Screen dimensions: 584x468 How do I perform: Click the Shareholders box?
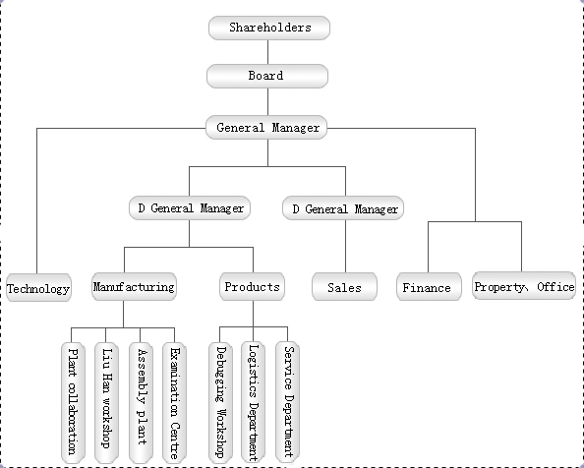(x=269, y=28)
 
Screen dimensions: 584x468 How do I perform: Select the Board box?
(x=267, y=76)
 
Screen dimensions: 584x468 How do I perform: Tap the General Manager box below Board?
(x=266, y=128)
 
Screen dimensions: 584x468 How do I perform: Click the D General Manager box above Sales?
(x=343, y=208)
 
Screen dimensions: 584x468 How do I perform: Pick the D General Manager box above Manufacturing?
(x=190, y=207)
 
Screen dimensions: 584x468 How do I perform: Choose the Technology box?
(x=38, y=288)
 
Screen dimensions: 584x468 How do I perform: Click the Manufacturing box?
(x=134, y=286)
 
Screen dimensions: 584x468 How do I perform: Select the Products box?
(x=252, y=286)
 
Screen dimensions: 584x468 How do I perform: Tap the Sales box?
(x=344, y=287)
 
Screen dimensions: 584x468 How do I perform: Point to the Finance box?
(x=429, y=287)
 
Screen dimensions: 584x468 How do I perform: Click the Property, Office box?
(x=524, y=285)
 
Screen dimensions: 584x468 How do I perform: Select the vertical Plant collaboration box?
(x=73, y=403)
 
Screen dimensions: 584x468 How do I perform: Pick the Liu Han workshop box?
(x=106, y=403)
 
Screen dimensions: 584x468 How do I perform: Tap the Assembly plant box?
(x=141, y=403)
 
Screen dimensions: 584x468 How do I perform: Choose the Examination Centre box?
(x=174, y=403)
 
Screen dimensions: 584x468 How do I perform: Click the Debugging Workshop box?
(x=220, y=402)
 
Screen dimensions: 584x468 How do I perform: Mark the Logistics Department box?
(x=254, y=402)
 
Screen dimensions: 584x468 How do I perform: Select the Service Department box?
(x=287, y=402)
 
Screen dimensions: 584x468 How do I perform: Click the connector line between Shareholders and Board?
(x=267, y=52)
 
